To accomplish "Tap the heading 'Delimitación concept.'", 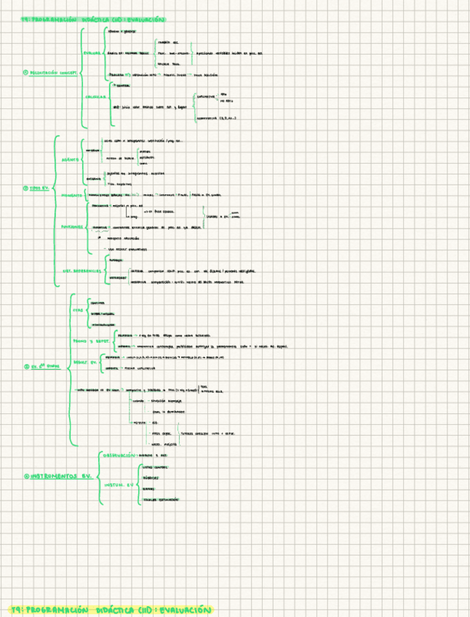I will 53,72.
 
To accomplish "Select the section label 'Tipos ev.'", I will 36,188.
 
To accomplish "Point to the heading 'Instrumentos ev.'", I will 60,477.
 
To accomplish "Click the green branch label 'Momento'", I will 71,196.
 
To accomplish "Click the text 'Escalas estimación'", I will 161,499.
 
